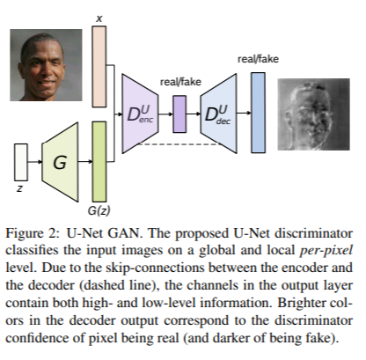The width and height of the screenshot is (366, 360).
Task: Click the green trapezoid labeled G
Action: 60,163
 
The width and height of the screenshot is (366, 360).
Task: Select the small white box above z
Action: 21,163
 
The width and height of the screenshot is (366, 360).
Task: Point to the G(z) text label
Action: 99,211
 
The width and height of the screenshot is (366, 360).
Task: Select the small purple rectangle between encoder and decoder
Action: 180,113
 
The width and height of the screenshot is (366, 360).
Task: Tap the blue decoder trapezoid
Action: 217,113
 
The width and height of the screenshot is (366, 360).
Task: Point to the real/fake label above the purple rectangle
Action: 180,82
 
